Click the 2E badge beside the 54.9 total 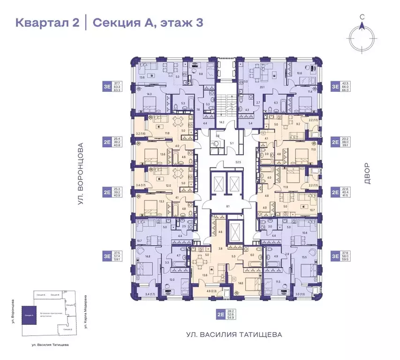click(x=220, y=315)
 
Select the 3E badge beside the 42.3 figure click(x=335, y=86)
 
